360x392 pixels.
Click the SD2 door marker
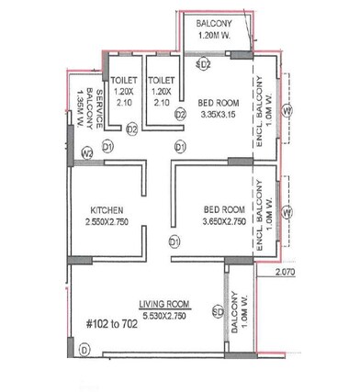206,65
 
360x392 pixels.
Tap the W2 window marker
88,152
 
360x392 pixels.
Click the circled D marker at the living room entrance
84,350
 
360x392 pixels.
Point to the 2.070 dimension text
288,273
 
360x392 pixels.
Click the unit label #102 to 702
112,322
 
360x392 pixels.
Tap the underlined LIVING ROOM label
163,303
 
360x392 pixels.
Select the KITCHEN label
107,209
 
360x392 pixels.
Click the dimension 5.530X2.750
163,315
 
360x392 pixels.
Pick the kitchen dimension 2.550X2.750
107,222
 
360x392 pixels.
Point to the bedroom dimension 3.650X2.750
225,221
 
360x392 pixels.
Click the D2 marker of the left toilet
132,129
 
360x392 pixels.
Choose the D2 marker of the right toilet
181,114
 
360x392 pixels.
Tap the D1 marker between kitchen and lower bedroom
174,241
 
